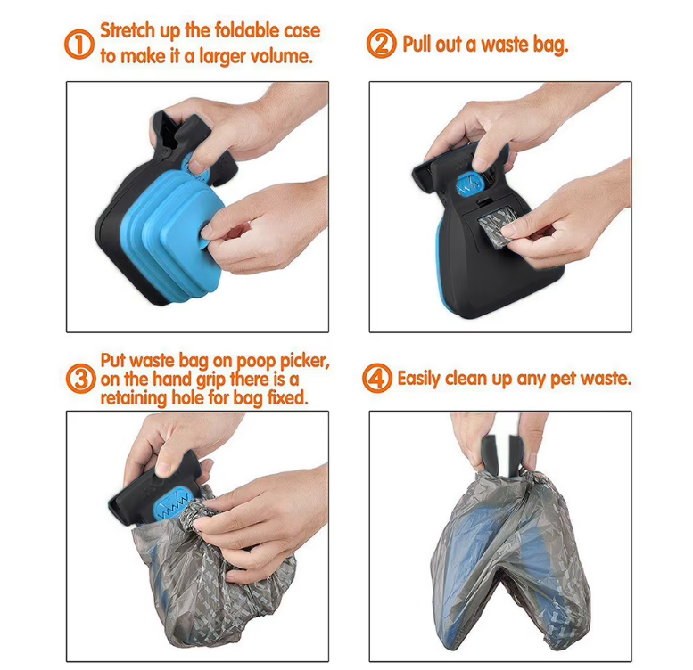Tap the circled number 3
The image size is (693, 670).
click(81, 379)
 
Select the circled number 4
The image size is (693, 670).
click(377, 379)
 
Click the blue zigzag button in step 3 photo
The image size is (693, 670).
click(175, 506)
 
